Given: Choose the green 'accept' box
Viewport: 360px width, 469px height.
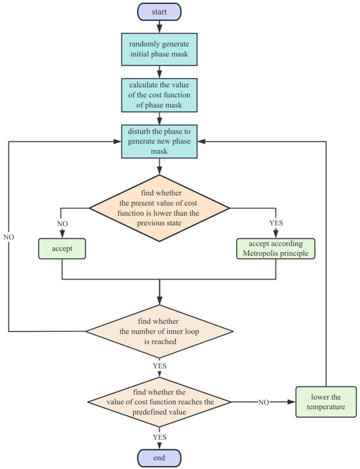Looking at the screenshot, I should [x=62, y=250].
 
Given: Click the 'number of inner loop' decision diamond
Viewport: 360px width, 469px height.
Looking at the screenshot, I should [x=159, y=331].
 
